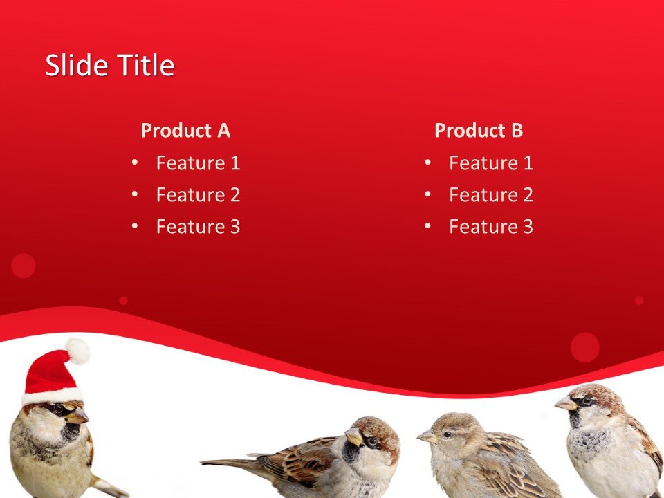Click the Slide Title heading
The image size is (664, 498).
tap(109, 66)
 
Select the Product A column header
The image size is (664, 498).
tap(185, 130)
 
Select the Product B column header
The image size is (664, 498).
tap(478, 130)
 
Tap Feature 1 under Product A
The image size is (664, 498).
tap(198, 163)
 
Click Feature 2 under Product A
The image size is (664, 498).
tap(198, 195)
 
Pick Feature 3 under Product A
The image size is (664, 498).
tap(198, 227)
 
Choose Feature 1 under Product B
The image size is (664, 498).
tap(490, 163)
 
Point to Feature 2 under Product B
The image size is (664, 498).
tap(490, 195)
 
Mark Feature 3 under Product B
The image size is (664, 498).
tap(490, 227)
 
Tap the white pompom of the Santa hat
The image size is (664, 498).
tap(77, 351)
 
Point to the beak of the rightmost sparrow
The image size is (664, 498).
tap(565, 403)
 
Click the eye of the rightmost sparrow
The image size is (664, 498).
tap(586, 400)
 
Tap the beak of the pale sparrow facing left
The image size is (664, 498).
tap(425, 436)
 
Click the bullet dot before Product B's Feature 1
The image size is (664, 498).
tap(427, 163)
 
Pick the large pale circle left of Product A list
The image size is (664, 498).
tap(24, 266)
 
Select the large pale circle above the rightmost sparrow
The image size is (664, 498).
tap(585, 347)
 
